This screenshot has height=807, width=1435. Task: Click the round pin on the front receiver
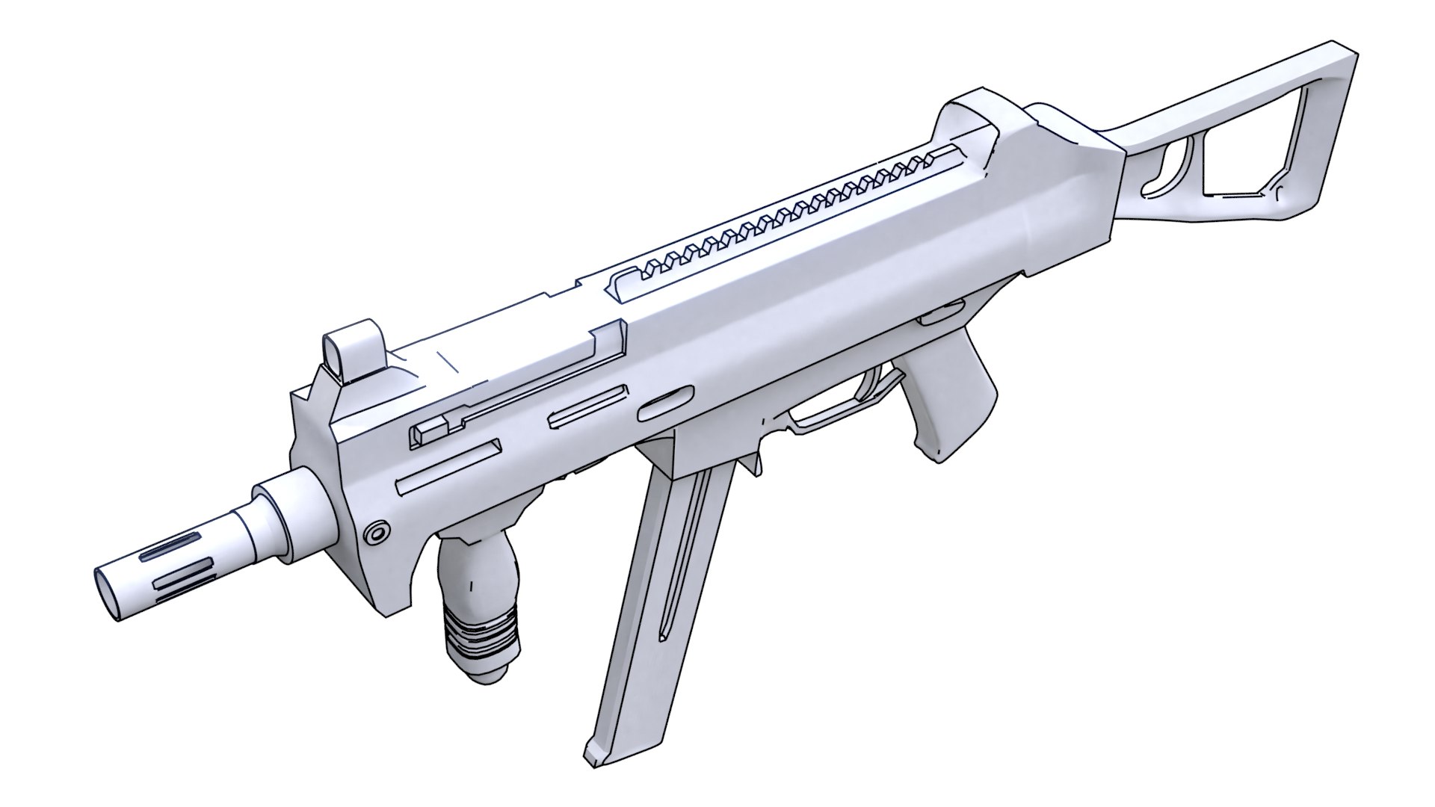(375, 533)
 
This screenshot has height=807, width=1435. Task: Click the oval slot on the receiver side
(665, 403)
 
